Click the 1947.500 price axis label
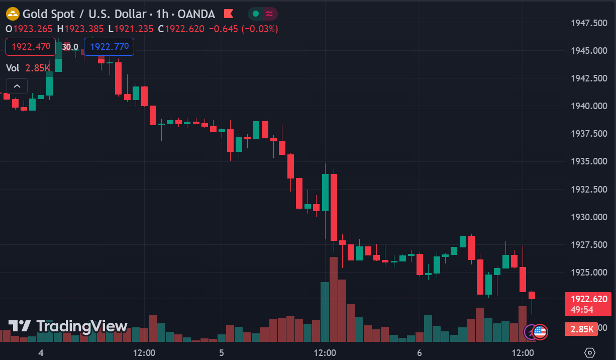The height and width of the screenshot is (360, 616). pyautogui.click(x=589, y=23)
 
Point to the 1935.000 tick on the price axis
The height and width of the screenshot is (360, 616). pyautogui.click(x=589, y=161)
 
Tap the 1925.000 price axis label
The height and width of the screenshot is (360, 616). pyautogui.click(x=589, y=273)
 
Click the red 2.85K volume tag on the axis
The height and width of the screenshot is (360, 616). pyautogui.click(x=582, y=329)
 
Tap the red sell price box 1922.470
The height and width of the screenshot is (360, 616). pyautogui.click(x=31, y=47)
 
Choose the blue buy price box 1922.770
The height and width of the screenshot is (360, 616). pyautogui.click(x=109, y=47)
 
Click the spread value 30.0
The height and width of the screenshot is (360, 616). pyautogui.click(x=70, y=47)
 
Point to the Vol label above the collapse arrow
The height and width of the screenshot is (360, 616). pyautogui.click(x=13, y=68)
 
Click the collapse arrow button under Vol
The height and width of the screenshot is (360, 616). pyautogui.click(x=17, y=86)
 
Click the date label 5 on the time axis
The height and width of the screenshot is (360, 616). pyautogui.click(x=222, y=353)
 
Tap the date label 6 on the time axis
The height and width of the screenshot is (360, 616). pyautogui.click(x=419, y=353)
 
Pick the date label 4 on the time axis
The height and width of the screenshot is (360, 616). pyautogui.click(x=41, y=353)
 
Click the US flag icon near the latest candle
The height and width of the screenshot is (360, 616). pyautogui.click(x=540, y=331)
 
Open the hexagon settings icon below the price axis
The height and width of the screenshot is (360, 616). pyautogui.click(x=590, y=352)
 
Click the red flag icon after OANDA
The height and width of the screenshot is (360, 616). pyautogui.click(x=228, y=14)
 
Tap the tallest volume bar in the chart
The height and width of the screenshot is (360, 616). pyautogui.click(x=334, y=299)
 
